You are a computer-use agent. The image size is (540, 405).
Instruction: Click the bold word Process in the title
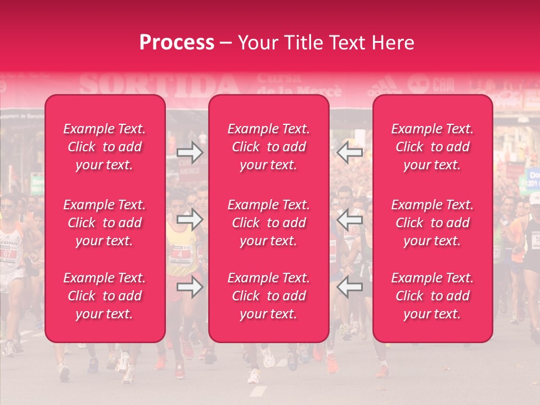[177, 43]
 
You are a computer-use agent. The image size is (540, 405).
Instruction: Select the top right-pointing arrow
[190, 152]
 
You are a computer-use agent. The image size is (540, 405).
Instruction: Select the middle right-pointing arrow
[190, 219]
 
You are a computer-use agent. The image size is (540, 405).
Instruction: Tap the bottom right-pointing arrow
[190, 287]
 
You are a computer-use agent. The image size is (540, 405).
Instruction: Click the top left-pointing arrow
[349, 152]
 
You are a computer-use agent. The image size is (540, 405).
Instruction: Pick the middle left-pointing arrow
[349, 219]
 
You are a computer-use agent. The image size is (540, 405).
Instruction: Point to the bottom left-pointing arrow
[349, 287]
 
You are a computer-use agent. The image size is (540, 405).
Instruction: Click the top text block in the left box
[105, 147]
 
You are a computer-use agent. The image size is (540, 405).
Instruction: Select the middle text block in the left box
[105, 223]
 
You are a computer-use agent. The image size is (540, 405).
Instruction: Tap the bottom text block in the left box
[105, 296]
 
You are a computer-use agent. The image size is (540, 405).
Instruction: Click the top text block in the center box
[269, 147]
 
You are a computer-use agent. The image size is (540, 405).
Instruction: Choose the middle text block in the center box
[269, 223]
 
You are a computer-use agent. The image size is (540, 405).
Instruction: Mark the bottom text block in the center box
[269, 296]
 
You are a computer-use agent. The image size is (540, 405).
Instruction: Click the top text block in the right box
[433, 147]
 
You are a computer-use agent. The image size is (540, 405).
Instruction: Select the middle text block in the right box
[433, 223]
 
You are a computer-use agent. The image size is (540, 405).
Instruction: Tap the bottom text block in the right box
[433, 296]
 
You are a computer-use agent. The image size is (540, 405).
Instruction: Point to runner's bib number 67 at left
[7, 254]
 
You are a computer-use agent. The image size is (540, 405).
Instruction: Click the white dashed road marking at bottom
[258, 391]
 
